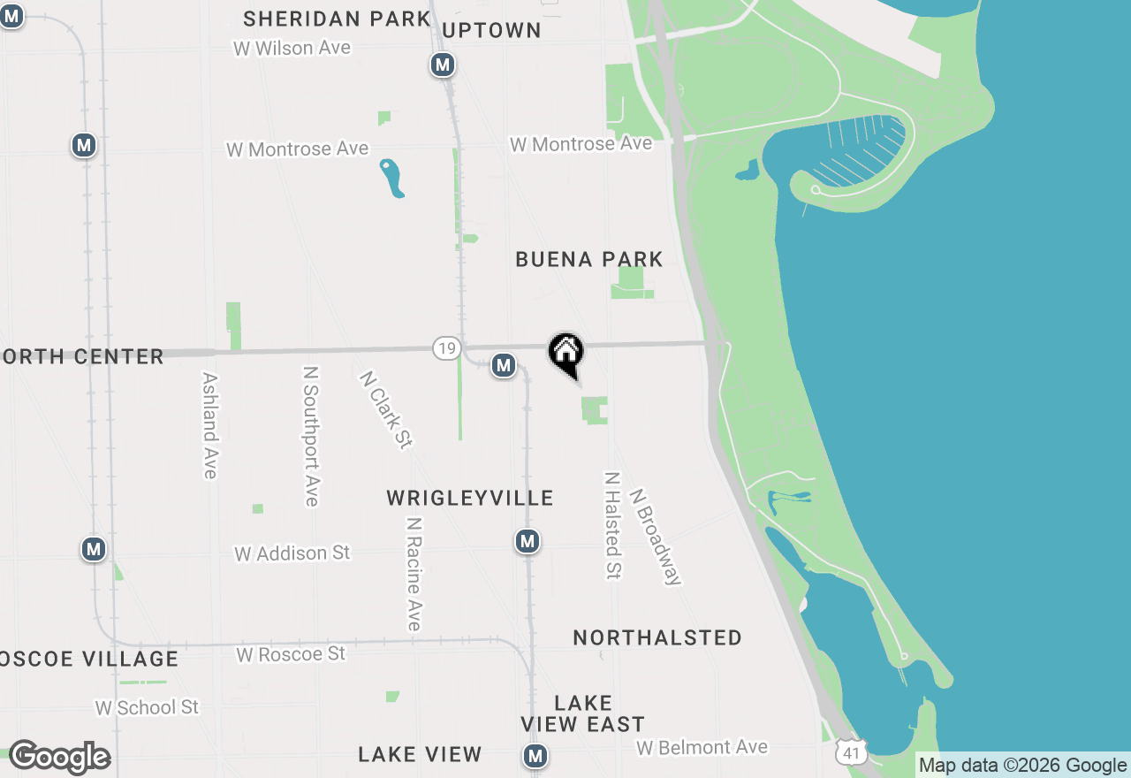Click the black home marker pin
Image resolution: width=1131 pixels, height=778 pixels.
click(566, 353)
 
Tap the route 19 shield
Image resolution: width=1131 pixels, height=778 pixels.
click(447, 348)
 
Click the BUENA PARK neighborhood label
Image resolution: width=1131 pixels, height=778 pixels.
click(589, 259)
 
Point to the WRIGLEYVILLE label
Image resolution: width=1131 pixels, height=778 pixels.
click(470, 499)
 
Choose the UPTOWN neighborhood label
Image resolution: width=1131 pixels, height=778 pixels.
click(491, 30)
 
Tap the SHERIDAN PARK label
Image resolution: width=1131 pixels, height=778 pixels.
click(337, 19)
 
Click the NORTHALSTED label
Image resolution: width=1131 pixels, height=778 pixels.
click(657, 637)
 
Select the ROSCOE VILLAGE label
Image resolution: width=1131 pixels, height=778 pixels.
click(88, 659)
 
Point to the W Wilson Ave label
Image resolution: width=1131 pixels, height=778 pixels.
click(292, 48)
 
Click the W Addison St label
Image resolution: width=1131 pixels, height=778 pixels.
click(292, 553)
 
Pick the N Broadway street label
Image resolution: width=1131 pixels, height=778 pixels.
click(656, 537)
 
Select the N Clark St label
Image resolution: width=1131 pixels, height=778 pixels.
click(386, 408)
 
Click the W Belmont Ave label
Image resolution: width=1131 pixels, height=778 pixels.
click(702, 747)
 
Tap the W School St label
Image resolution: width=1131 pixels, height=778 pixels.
click(147, 707)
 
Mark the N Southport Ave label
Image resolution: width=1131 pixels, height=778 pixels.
click(310, 437)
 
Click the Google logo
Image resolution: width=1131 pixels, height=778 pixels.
click(59, 757)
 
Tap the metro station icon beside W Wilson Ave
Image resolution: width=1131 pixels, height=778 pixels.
click(443, 65)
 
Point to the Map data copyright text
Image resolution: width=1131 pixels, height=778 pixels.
click(1022, 766)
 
